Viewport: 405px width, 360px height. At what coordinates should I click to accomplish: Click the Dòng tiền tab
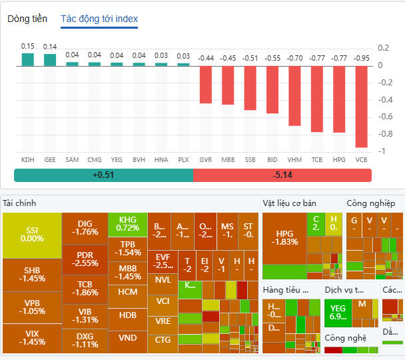point(27,19)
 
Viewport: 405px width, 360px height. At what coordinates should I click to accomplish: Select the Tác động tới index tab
point(99,19)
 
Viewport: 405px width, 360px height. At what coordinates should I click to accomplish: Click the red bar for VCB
point(361,106)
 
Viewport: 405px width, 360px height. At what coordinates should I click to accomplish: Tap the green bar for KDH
point(28,59)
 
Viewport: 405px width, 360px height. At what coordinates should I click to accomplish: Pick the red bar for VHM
point(294,95)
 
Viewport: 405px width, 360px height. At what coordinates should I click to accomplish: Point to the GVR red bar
point(206,84)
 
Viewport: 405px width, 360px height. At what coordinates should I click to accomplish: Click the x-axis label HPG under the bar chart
point(339,160)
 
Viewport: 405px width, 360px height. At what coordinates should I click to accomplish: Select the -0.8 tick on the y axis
point(383,134)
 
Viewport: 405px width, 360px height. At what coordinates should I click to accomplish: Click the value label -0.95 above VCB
point(361,58)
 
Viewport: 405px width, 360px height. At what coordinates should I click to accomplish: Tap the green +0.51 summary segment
point(103,175)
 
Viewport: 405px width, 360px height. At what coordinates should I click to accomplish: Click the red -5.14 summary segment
point(282,175)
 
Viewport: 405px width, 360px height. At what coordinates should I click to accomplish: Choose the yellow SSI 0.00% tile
point(32,235)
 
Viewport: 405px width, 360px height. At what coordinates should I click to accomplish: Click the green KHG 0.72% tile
point(128,224)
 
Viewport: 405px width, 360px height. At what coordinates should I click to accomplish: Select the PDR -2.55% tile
point(85,259)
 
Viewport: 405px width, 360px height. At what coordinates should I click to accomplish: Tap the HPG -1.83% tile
point(285,237)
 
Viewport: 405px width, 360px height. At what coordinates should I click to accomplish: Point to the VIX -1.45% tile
point(32,338)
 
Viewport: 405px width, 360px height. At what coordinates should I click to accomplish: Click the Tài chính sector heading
point(19,203)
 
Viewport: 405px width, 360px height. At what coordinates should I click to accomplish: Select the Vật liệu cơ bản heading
point(289,203)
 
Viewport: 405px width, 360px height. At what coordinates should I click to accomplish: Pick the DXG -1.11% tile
point(85,340)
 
